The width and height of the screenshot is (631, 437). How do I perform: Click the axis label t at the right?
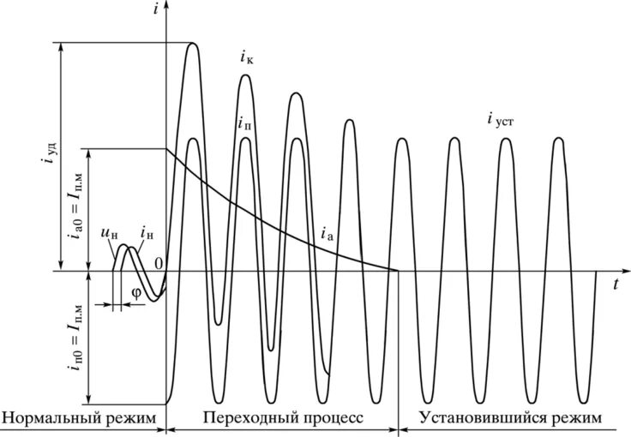tap(615, 286)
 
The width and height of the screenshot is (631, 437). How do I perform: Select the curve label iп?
tap(245, 123)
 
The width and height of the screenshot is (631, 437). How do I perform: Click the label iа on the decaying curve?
tap(326, 232)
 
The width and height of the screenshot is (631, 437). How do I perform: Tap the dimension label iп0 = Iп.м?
tap(74, 338)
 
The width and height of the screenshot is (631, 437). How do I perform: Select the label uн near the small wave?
tap(108, 234)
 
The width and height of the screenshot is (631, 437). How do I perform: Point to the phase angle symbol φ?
tap(135, 291)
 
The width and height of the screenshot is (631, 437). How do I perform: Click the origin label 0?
tap(159, 262)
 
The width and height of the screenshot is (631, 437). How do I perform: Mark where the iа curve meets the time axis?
tap(398, 271)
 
